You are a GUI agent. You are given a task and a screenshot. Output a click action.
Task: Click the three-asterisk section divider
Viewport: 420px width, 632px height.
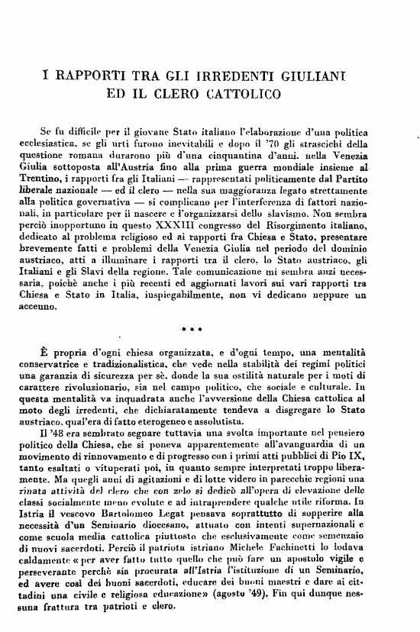pos(190,332)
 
